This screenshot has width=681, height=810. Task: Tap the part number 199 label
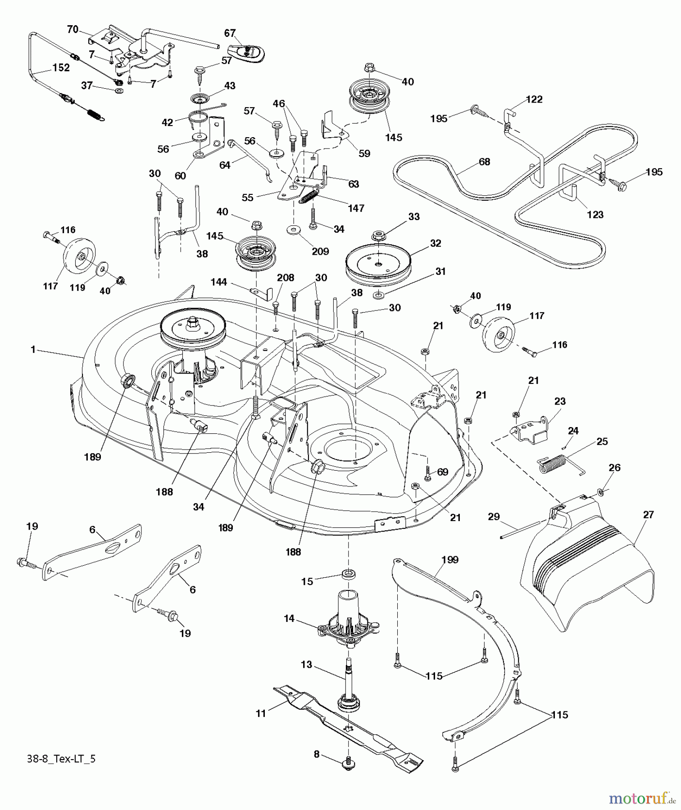coord(450,560)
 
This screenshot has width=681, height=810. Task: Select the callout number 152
coord(61,67)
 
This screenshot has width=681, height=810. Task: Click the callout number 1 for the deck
coord(32,349)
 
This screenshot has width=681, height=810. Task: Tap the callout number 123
coord(595,215)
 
